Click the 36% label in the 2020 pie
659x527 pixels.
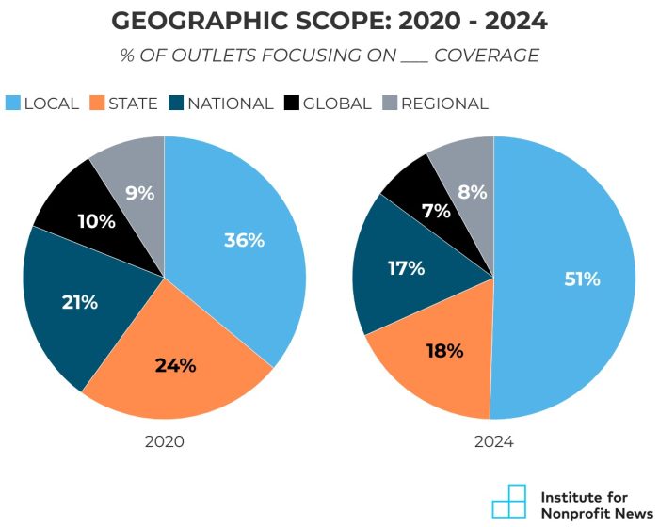point(244,240)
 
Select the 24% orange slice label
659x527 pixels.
point(175,366)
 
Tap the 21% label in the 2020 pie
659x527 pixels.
point(79,302)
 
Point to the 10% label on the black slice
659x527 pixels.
point(96,222)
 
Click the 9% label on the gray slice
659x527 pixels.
point(139,194)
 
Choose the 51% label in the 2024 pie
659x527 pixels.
point(580,279)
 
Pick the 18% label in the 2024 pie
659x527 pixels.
point(444,351)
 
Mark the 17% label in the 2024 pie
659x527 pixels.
point(406,268)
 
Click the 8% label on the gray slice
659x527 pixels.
point(473,193)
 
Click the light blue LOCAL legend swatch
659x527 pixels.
point(13,104)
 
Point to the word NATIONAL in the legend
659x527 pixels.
point(230,104)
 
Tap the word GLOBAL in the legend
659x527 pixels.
point(338,104)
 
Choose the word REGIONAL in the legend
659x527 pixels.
point(444,104)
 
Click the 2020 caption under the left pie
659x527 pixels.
point(164,441)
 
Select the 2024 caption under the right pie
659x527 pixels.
point(493,441)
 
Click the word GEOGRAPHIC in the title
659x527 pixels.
point(200,21)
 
